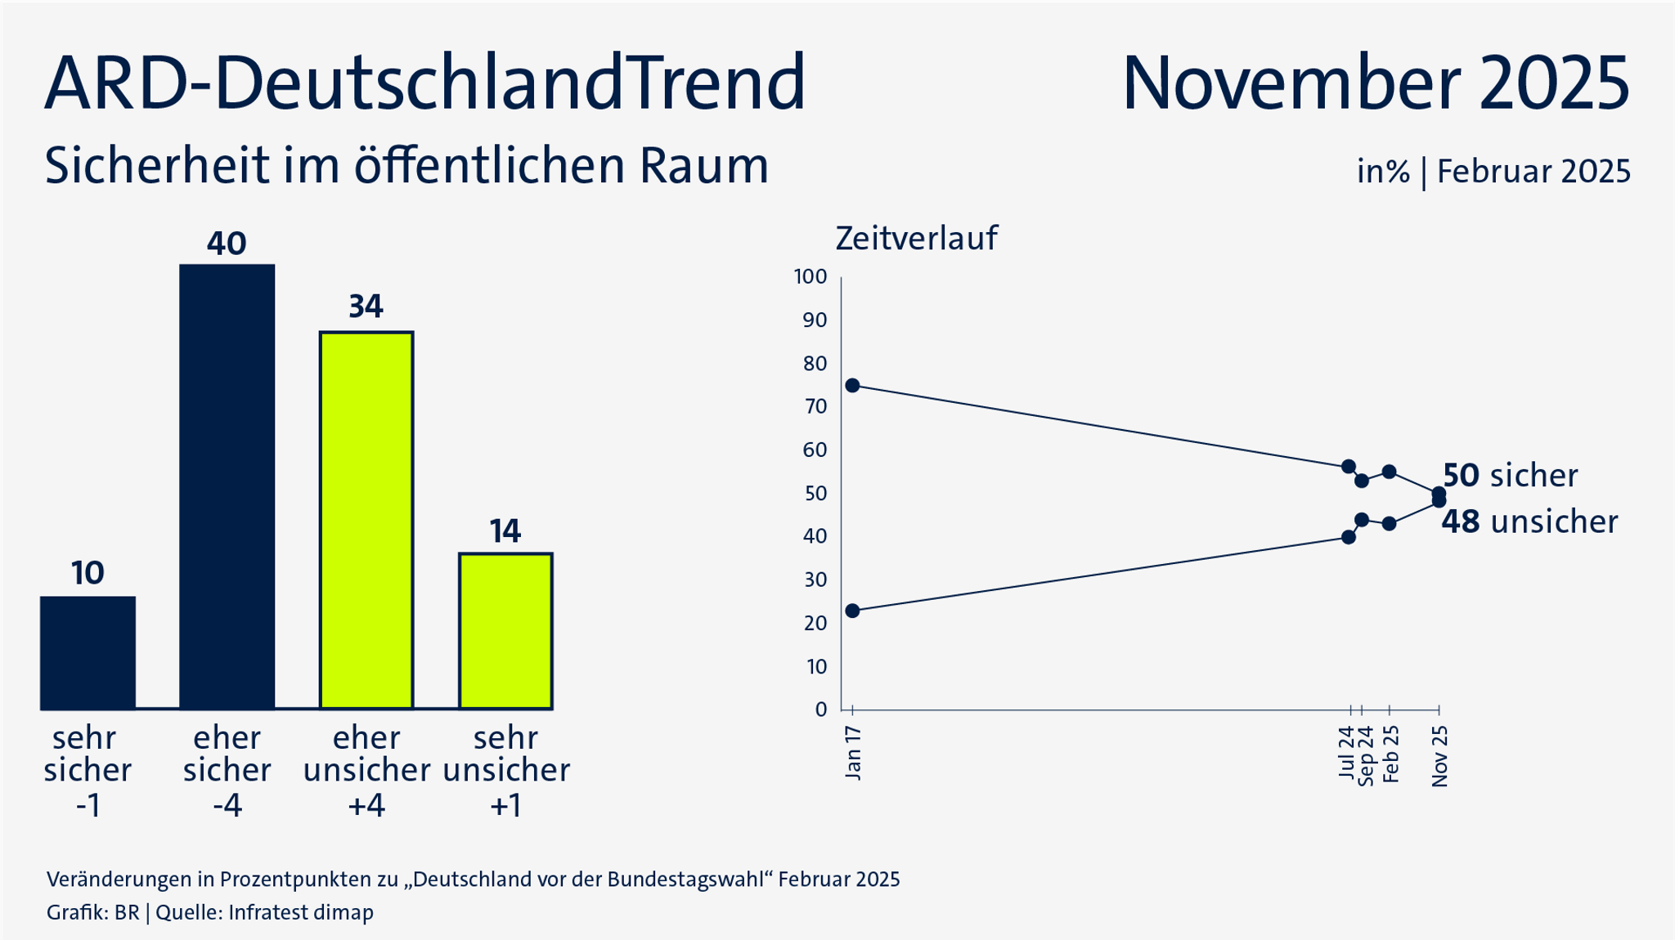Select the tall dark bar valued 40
[227, 486]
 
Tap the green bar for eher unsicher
[366, 520]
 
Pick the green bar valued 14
[505, 630]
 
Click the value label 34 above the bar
[366, 307]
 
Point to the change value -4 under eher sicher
[227, 806]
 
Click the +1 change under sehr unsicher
[505, 806]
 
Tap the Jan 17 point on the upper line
[852, 385]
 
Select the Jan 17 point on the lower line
[852, 611]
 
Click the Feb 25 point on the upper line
[1389, 472]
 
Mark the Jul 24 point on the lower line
[1349, 537]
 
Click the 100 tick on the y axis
[811, 276]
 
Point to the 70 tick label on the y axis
[815, 406]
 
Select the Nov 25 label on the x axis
[1440, 756]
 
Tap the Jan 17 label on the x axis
[853, 753]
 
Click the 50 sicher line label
[1509, 475]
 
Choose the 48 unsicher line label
[1529, 521]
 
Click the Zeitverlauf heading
[916, 238]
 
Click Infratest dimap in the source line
[300, 912]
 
